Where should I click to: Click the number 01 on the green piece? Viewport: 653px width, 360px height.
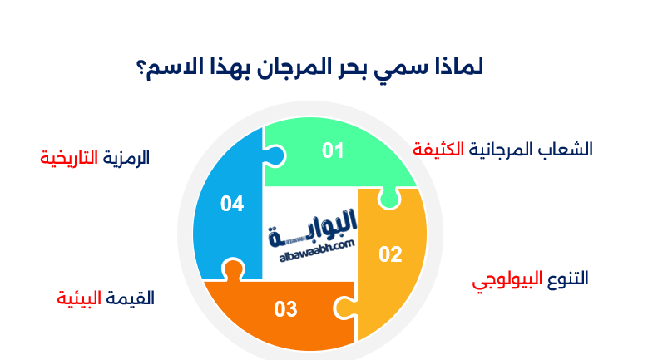pos(333,150)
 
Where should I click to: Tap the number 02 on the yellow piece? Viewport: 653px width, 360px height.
pos(390,254)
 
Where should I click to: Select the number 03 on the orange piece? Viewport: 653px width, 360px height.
pos(285,309)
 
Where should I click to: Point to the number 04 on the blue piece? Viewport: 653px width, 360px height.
pos(232,204)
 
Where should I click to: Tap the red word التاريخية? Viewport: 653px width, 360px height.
pos(69,157)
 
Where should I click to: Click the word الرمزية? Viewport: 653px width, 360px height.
pos(126,157)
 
